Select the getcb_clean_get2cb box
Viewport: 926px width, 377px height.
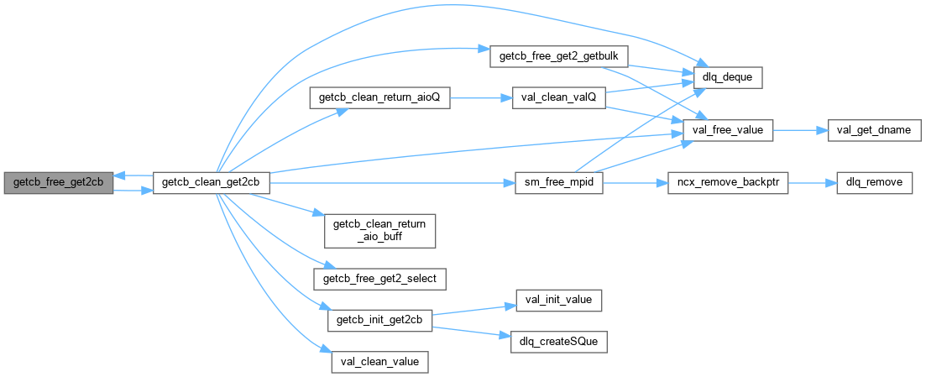[x=211, y=184]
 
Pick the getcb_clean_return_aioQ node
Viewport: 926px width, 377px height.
[x=380, y=98]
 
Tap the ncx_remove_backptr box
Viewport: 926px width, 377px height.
[x=728, y=184]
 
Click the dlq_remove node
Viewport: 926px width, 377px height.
[x=875, y=184]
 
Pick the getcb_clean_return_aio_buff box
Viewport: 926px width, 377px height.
[x=380, y=230]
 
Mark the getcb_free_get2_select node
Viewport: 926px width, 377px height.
[x=380, y=277]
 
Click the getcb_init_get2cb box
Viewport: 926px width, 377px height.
[x=380, y=320]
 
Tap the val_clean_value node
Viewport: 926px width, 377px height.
[x=380, y=362]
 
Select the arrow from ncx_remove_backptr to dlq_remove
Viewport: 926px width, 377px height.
[x=812, y=184]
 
